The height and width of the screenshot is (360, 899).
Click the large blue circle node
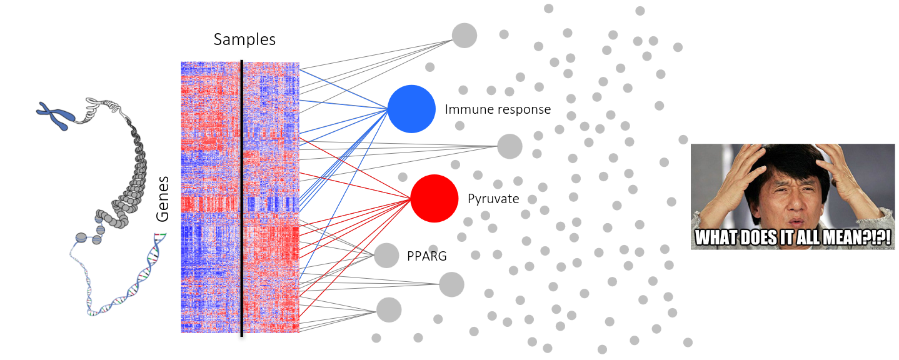pos(411,109)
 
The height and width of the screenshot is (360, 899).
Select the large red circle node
pos(434,198)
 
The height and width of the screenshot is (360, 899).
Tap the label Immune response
pos(498,109)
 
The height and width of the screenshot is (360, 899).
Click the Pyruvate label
pos(493,199)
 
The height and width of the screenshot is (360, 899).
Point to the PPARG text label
pos(427,255)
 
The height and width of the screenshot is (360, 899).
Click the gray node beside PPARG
pos(386,255)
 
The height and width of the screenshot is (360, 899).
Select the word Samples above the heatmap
pos(244,39)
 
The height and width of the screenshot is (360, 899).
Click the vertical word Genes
pos(163,198)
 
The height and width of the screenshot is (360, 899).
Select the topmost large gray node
pos(465,35)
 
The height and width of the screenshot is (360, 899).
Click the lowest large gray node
pos(388,309)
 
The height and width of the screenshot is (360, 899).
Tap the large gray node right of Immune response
pos(510,146)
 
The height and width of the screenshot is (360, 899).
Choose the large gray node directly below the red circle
pos(451,284)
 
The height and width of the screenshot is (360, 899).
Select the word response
pos(524,110)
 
